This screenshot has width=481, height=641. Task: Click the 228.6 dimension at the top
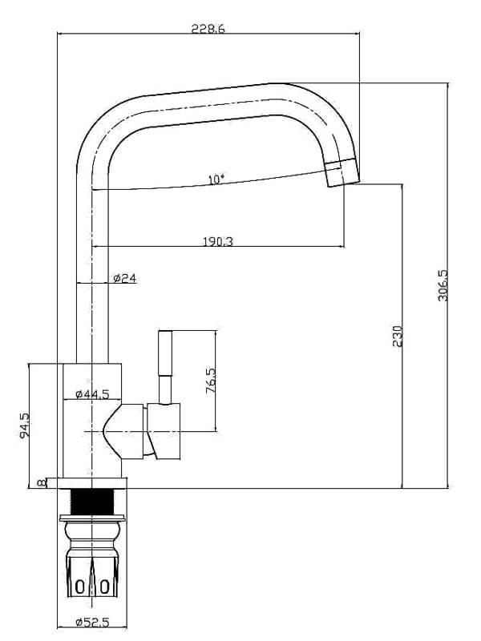[208, 29]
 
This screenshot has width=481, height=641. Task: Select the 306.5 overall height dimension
[443, 285]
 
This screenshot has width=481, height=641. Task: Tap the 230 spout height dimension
[397, 336]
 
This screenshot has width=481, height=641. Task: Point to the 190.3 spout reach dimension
[213, 241]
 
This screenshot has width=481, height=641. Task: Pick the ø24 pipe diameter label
[124, 278]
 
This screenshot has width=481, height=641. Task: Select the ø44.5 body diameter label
[91, 394]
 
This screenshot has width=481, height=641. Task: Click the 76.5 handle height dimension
[211, 381]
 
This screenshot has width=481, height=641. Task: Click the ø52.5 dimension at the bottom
[91, 623]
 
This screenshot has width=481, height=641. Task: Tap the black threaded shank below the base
[93, 502]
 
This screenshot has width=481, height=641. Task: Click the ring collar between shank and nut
[92, 530]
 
